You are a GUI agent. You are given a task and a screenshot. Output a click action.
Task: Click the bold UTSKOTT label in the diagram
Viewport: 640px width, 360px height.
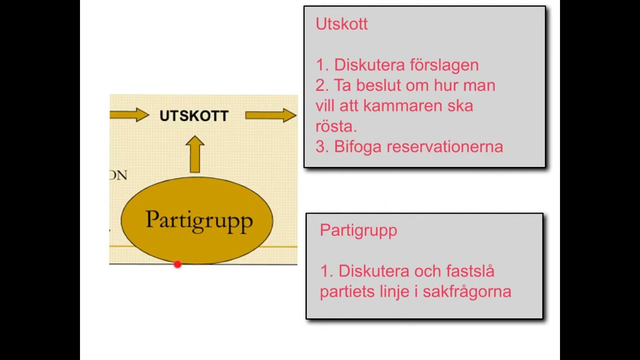pos(194,116)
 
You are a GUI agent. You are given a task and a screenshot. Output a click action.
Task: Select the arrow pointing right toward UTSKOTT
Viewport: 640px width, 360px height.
pos(129,115)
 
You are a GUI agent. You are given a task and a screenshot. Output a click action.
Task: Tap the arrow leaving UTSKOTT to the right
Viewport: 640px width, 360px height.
pos(270,115)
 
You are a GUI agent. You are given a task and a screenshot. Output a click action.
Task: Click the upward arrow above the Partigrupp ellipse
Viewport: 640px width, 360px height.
pos(194,154)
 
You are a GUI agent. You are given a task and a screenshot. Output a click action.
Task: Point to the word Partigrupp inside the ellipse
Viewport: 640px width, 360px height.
pos(199,220)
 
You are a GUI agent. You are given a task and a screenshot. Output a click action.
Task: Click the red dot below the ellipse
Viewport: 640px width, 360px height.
pos(177,264)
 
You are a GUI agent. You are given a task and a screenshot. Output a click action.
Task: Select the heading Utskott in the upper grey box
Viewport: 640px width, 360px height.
pos(341,24)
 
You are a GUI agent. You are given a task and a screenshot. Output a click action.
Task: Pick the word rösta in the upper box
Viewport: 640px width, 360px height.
pos(335,126)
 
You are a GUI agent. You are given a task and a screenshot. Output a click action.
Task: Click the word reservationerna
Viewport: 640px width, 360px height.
pos(444,147)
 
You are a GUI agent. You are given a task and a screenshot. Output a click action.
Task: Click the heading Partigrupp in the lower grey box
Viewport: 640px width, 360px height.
pos(358,230)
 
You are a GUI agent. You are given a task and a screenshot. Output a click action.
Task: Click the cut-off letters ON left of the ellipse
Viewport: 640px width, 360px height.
pos(118,175)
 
